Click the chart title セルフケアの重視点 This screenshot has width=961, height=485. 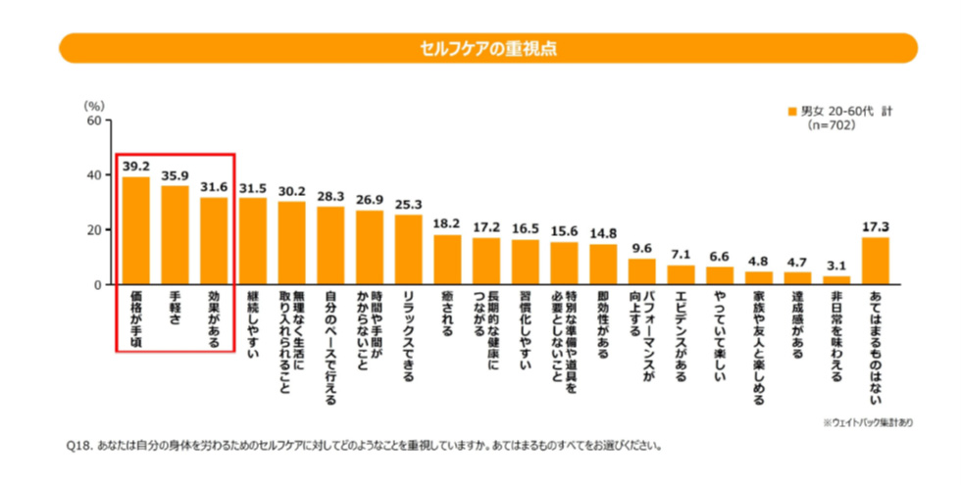(487, 48)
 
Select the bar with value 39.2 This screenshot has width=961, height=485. (136, 231)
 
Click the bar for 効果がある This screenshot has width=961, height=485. (214, 241)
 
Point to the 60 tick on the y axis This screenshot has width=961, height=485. (95, 121)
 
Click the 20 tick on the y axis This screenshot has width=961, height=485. (95, 230)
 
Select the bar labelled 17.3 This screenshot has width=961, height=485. (875, 261)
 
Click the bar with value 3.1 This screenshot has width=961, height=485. (835, 280)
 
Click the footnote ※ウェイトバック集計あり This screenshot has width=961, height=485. (866, 422)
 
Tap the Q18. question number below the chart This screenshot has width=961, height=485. (77, 445)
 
